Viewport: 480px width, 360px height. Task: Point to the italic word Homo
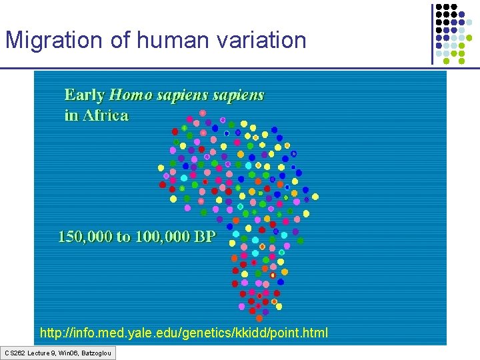click(132, 95)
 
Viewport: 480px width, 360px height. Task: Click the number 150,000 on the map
click(86, 236)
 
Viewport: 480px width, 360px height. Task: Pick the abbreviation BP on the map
click(204, 236)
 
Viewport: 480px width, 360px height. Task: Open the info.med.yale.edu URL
click(184, 332)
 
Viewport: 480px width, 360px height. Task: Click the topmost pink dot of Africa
click(203, 113)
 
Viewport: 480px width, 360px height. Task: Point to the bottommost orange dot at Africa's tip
click(251, 310)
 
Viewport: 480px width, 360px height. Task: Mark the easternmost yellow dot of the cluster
click(315, 197)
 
